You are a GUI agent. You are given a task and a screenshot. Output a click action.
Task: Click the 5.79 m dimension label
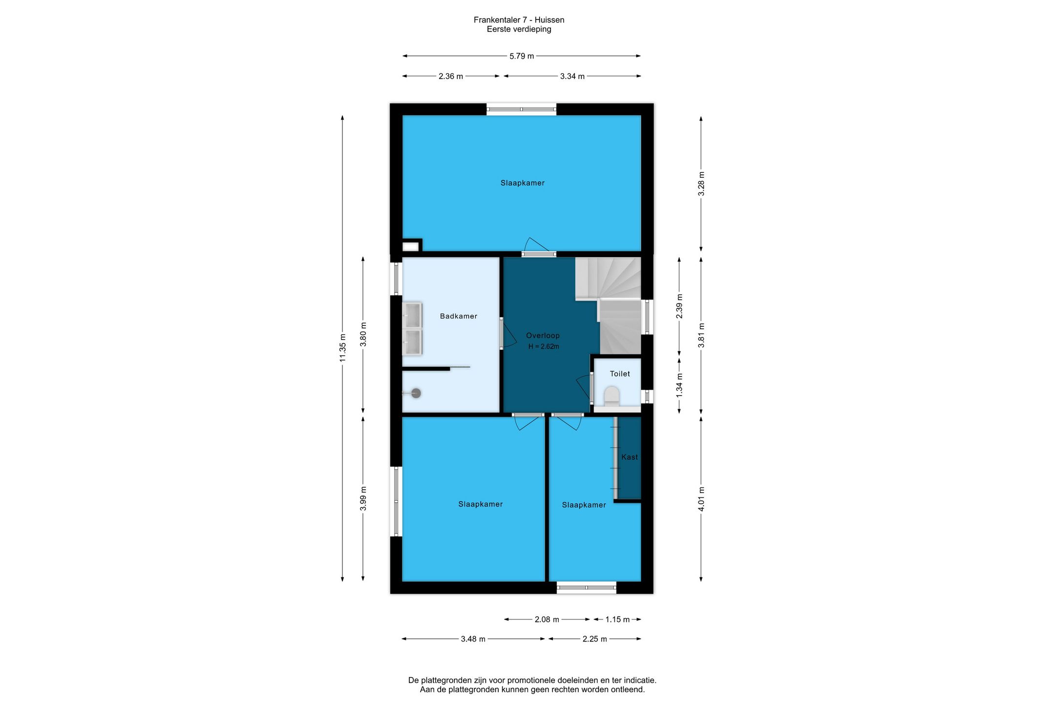coord(522,56)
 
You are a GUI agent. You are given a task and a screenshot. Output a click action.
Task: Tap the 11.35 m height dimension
coord(343,348)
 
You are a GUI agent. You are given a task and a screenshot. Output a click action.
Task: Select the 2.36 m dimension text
coord(451,76)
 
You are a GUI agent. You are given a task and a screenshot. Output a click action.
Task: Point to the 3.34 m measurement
coord(572,76)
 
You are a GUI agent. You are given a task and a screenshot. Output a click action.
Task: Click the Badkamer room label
coord(459,316)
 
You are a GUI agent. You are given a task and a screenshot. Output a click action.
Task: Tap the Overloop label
coord(543,336)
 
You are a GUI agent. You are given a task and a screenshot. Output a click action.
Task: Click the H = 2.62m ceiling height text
coord(544,347)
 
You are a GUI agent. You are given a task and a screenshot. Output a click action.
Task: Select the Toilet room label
coord(620,374)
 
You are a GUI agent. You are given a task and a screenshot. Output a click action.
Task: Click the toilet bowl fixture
coord(612,396)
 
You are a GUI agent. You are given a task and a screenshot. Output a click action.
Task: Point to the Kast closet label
coord(630,457)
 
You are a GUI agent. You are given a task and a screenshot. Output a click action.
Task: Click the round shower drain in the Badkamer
coord(416,393)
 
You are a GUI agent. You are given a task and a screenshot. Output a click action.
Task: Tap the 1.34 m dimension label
coord(679,385)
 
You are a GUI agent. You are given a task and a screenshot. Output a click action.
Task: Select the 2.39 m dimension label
coord(679,306)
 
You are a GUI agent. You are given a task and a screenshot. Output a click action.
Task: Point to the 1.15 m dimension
coord(617,619)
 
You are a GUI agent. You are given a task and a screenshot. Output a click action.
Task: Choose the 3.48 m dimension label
coord(473,639)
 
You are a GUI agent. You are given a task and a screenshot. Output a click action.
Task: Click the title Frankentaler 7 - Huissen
coord(519,20)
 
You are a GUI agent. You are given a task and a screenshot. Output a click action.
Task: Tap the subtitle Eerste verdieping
coord(519,29)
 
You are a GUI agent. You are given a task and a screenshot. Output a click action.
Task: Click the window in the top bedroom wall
coord(521,109)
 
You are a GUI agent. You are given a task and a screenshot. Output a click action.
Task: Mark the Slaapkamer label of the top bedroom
coord(522,183)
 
